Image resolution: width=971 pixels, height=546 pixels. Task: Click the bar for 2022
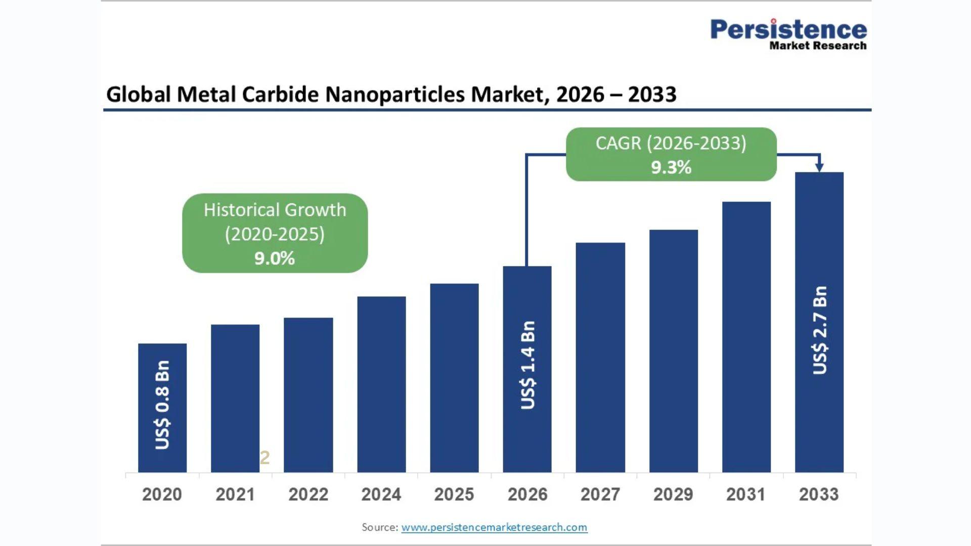pyautogui.click(x=308, y=395)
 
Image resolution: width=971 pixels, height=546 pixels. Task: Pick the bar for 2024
pyautogui.click(x=381, y=384)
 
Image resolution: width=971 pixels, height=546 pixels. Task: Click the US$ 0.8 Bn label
pyautogui.click(x=162, y=404)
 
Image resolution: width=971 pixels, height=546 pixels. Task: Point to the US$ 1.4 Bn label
pyautogui.click(x=527, y=365)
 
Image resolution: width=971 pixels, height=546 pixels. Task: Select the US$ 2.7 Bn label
pyautogui.click(x=820, y=330)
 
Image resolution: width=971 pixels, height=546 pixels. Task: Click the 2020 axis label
pyautogui.click(x=162, y=494)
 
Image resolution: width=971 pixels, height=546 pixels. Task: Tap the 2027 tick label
pyautogui.click(x=600, y=494)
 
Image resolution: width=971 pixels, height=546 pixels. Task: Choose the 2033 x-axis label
pyautogui.click(x=819, y=494)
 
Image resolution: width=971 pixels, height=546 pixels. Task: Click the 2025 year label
pyautogui.click(x=454, y=494)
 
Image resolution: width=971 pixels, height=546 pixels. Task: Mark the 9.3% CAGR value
pyautogui.click(x=671, y=167)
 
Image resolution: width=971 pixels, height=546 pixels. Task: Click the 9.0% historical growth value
pyautogui.click(x=275, y=258)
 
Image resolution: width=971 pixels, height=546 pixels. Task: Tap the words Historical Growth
pyautogui.click(x=275, y=210)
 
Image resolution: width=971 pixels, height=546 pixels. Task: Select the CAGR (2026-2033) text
pyautogui.click(x=671, y=143)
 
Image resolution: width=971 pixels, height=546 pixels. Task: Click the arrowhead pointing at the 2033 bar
pyautogui.click(x=819, y=167)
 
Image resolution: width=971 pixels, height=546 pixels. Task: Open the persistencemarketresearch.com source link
pyautogui.click(x=494, y=527)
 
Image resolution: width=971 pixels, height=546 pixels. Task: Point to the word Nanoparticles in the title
pyautogui.click(x=394, y=95)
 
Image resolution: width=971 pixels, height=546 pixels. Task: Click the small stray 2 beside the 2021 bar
pyautogui.click(x=265, y=458)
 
